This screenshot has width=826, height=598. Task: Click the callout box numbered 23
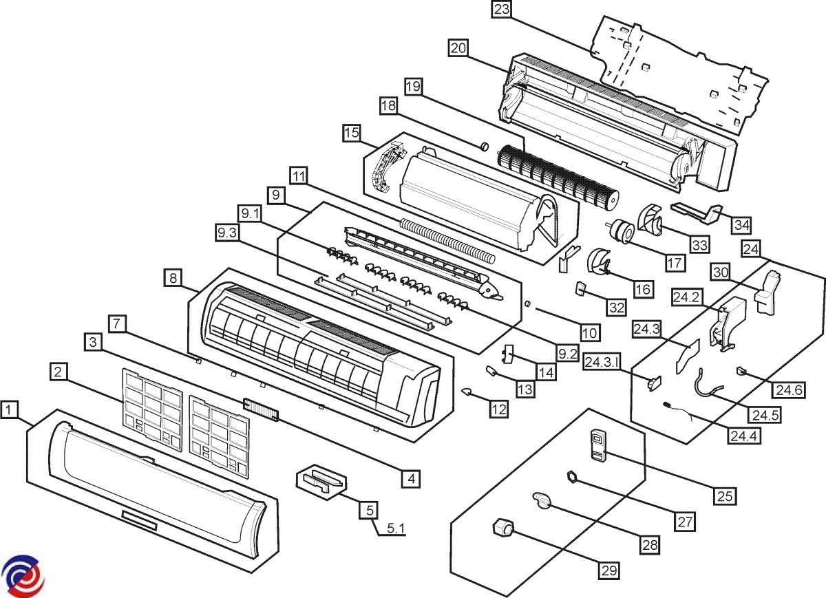coord(502,10)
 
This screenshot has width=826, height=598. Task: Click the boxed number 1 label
coord(9,411)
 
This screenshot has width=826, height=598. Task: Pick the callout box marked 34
coord(741,224)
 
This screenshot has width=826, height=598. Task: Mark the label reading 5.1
coord(396,529)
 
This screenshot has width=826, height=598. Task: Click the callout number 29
coord(608,570)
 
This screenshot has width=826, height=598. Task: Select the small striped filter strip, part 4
coord(261,411)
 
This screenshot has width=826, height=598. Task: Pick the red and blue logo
coord(23,574)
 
